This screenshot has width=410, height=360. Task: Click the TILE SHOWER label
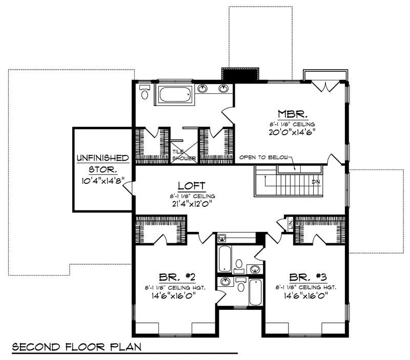pyautogui.click(x=183, y=155)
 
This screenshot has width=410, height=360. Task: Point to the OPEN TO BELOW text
pyautogui.click(x=264, y=157)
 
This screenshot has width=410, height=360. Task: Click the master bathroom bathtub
pyautogui.click(x=174, y=95)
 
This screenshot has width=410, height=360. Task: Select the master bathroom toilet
pyautogui.click(x=145, y=93)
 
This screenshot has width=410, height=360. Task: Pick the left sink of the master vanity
pyautogui.click(x=203, y=89)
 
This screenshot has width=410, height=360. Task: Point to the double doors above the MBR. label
pyautogui.click(x=324, y=86)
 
